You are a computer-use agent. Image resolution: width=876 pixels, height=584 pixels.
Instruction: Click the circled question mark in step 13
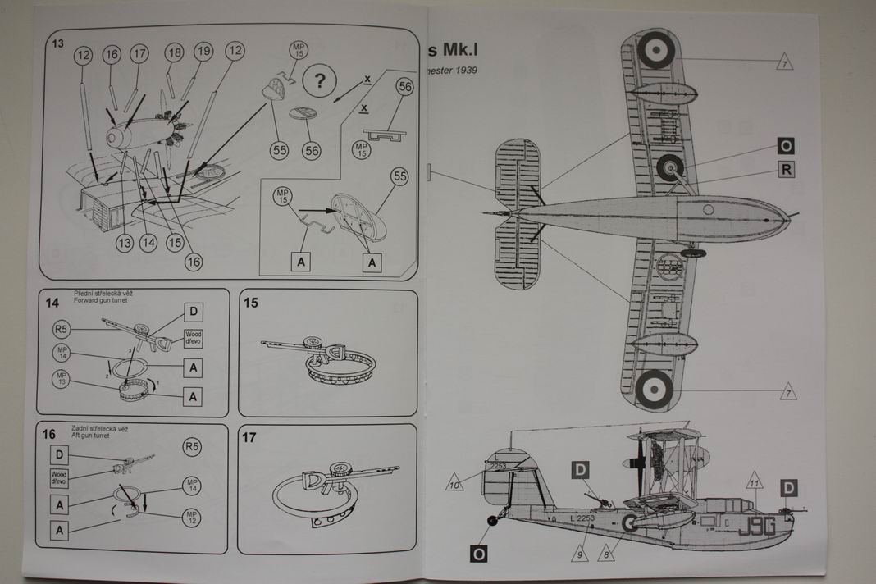pos(321,81)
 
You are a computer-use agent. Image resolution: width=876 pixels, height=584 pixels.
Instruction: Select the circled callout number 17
pos(139,54)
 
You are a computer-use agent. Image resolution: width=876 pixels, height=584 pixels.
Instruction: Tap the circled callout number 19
pos(204,52)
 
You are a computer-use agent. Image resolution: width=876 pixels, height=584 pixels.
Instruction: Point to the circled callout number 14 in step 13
pos(148,243)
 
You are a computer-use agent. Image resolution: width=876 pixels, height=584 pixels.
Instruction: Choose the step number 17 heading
pos(250,438)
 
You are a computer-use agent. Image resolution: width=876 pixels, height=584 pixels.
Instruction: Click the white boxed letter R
pos(786,170)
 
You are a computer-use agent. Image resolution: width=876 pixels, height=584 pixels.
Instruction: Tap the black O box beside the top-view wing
pos(786,147)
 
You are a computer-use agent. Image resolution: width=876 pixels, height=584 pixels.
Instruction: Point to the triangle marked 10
pos(454,484)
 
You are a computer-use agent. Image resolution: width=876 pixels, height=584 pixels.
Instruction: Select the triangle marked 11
pos(755,482)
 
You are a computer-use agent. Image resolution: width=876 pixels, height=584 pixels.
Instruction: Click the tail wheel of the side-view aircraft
pos(491,520)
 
